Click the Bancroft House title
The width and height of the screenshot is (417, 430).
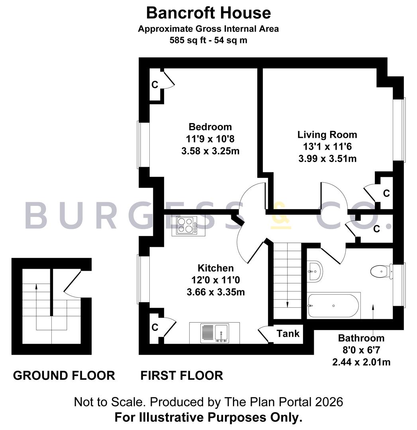pyautogui.click(x=208, y=13)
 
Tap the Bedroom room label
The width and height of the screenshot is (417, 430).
pyautogui.click(x=210, y=127)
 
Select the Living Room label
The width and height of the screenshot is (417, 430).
pyautogui.click(x=327, y=135)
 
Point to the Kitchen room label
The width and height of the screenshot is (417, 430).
pyautogui.click(x=215, y=268)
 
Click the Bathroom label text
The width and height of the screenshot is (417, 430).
pyautogui.click(x=361, y=338)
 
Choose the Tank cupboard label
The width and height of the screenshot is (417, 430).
pyautogui.click(x=288, y=333)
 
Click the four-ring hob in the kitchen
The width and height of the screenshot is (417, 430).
pyautogui.click(x=185, y=225)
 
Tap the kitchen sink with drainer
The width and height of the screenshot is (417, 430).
pyautogui.click(x=215, y=332)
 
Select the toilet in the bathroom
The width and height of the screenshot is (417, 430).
pyautogui.click(x=380, y=272)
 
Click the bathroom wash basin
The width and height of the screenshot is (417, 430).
pyautogui.click(x=315, y=271)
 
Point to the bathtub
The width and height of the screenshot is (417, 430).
pyautogui.click(x=333, y=306)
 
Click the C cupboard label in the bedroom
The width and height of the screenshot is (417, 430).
pyautogui.click(x=155, y=84)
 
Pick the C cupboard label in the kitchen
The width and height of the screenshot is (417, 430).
pyautogui.click(x=155, y=327)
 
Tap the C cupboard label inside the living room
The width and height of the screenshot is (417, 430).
pyautogui.click(x=386, y=193)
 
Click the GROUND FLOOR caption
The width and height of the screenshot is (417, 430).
pyautogui.click(x=64, y=375)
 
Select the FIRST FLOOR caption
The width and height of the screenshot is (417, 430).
pyautogui.click(x=182, y=375)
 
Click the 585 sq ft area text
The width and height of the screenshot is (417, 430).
pyautogui.click(x=208, y=40)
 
